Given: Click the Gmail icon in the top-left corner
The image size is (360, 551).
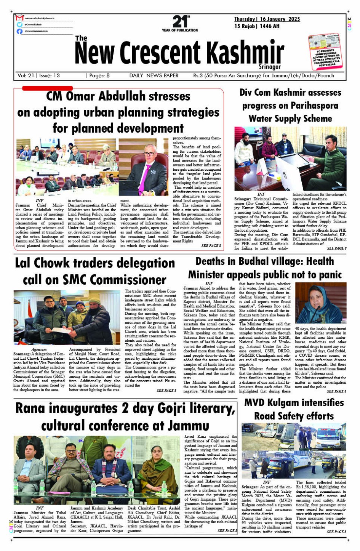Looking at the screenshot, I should tap(20, 18).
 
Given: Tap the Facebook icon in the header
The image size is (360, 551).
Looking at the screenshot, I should tap(20, 31).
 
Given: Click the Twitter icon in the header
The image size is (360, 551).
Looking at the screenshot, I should tap(20, 24).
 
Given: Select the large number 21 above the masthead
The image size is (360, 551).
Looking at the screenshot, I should tap(179, 21).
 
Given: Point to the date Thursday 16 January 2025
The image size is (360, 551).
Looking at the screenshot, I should tap(267, 19).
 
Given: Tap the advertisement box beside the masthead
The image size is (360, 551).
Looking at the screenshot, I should tap(325, 52).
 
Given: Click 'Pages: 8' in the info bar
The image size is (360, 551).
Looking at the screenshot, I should tap(98, 75).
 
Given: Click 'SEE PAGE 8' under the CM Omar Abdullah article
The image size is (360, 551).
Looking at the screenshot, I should tap(211, 245).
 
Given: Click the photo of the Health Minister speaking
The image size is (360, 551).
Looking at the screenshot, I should tap(321, 303).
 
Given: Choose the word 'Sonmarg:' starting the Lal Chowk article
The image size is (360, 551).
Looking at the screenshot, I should tap(22, 354).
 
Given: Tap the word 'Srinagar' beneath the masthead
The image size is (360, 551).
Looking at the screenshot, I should tap(270, 67).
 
